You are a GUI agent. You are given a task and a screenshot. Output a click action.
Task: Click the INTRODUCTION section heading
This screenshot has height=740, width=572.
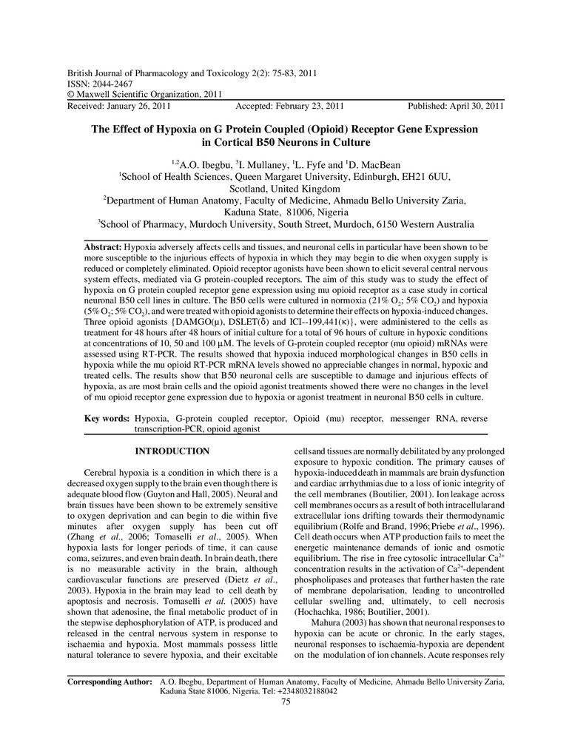pos(172,451)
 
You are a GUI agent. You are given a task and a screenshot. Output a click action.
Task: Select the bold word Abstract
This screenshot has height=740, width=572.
pos(103,245)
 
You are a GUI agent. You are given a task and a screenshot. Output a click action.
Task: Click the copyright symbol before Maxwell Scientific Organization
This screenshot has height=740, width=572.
pos(70,95)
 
